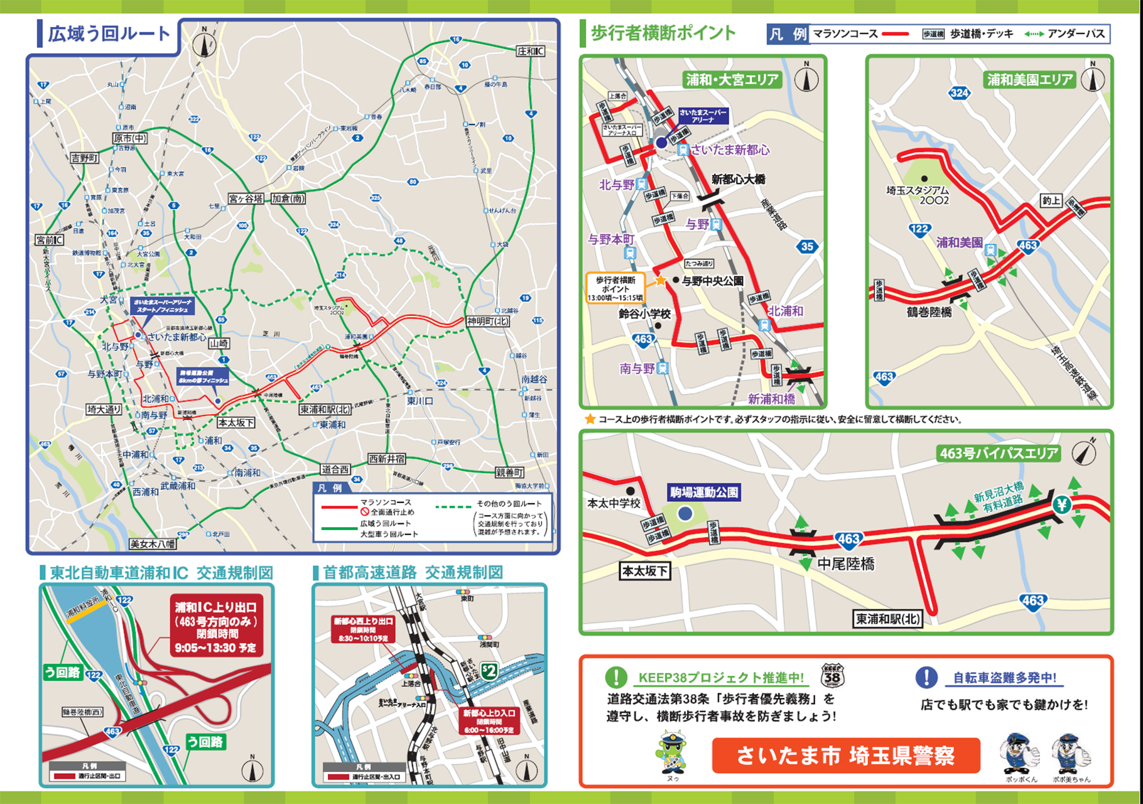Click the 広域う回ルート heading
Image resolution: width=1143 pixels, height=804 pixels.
pyautogui.click(x=109, y=33)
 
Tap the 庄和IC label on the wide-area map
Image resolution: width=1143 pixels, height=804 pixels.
pyautogui.click(x=531, y=51)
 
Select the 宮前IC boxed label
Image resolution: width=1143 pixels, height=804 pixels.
pyautogui.click(x=49, y=240)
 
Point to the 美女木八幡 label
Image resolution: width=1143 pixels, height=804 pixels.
pyautogui.click(x=153, y=544)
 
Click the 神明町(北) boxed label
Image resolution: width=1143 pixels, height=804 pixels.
pyautogui.click(x=488, y=322)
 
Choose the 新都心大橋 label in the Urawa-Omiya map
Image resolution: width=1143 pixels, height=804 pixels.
pyautogui.click(x=738, y=180)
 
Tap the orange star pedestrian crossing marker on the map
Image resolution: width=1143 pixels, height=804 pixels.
pyautogui.click(x=661, y=281)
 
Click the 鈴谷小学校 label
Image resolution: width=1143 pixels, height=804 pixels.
pyautogui.click(x=644, y=313)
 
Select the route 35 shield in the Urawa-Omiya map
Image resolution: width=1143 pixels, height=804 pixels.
pyautogui.click(x=807, y=246)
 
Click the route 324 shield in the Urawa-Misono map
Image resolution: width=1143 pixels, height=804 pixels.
pyautogui.click(x=959, y=94)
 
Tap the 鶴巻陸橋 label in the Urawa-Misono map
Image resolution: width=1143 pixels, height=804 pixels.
pyautogui.click(x=929, y=312)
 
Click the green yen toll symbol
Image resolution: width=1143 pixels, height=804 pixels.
pyautogui.click(x=1062, y=504)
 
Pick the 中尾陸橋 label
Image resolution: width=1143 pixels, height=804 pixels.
pyautogui.click(x=845, y=564)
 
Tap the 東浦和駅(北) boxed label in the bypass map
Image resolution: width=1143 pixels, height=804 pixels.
pyautogui.click(x=887, y=619)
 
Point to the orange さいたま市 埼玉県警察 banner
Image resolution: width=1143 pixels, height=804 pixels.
pyautogui.click(x=845, y=756)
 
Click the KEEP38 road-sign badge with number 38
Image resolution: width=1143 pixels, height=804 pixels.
pyautogui.click(x=832, y=676)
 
